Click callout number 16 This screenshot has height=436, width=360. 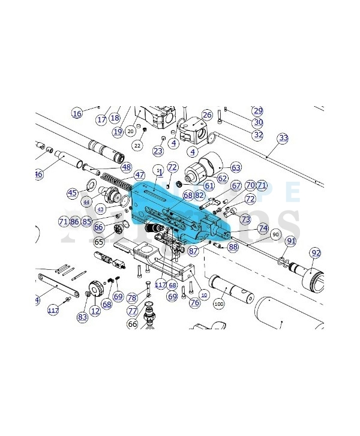click(x=77, y=113)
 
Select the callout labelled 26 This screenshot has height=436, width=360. click(x=207, y=115)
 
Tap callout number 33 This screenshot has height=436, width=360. click(x=283, y=138)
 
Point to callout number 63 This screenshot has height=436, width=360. click(x=236, y=167)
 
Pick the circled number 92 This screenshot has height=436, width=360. click(x=316, y=253)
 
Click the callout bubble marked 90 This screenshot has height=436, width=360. click(x=275, y=234)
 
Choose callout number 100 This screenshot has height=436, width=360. click(x=218, y=305)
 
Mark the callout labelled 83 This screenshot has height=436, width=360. click(x=82, y=316)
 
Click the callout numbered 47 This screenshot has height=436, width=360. click(x=139, y=175)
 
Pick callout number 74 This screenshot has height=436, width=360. click(x=263, y=228)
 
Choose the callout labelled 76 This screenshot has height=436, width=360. click(x=194, y=303)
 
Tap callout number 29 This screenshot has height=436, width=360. click(x=258, y=111)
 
